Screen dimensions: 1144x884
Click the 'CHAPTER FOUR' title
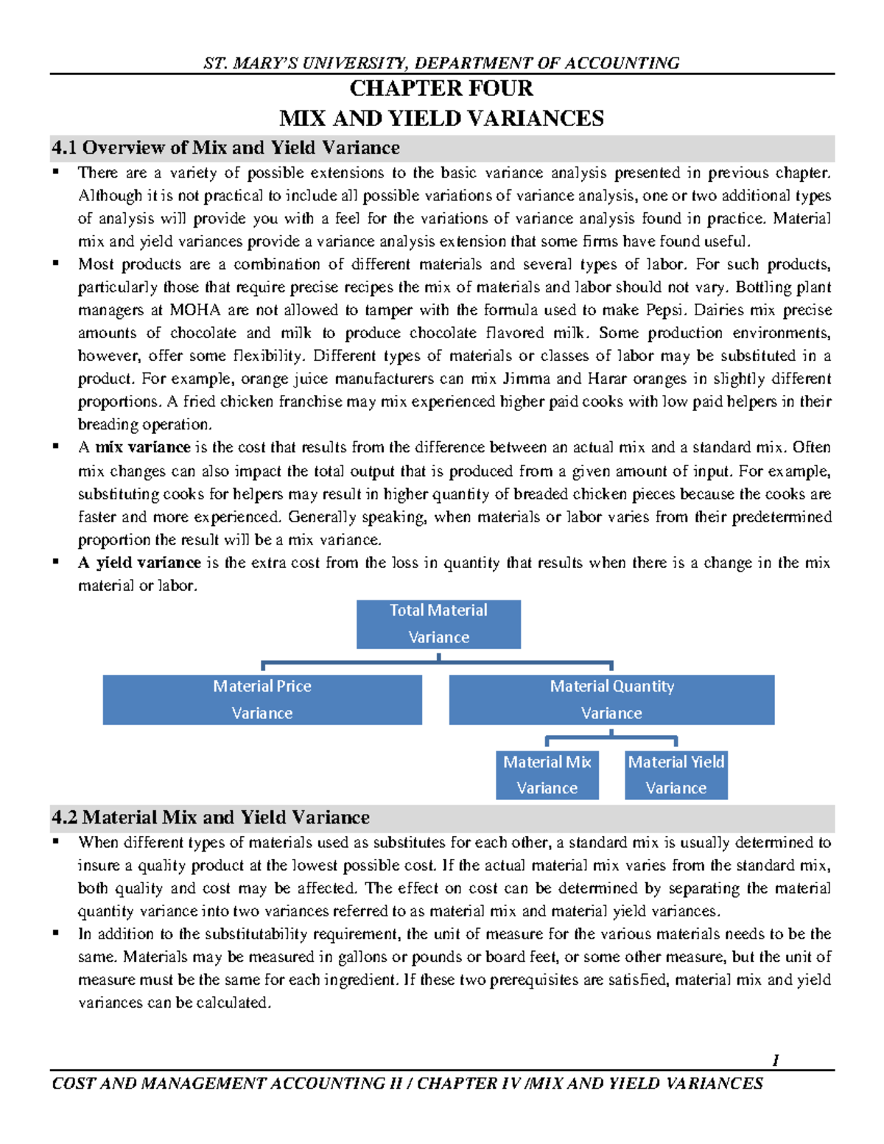coord(441,88)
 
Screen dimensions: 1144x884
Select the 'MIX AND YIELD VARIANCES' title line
coord(441,119)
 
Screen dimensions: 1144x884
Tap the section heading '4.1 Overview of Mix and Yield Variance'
coord(225,148)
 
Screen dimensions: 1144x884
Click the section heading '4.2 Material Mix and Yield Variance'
coord(211,818)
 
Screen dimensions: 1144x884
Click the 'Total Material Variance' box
coord(438,624)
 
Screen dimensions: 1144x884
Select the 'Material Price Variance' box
coord(262,700)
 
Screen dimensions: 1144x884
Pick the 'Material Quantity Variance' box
coord(611,700)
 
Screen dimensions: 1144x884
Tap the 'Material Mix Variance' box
coord(547,775)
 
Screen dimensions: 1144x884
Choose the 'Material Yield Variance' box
coord(676,775)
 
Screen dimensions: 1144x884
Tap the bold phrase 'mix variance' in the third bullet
coord(143,448)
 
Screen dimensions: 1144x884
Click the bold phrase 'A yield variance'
coord(139,563)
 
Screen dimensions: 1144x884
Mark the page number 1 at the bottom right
coord(776,1060)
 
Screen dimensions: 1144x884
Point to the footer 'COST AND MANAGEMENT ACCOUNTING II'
coord(228,1084)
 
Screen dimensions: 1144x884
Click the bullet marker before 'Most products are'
coord(56,263)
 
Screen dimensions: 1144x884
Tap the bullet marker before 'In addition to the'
coord(56,933)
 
